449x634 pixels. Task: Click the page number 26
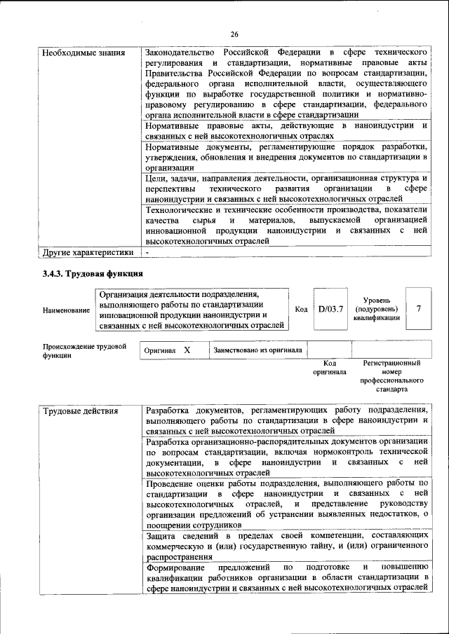click(234, 34)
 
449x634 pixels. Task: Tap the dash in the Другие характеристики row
click(147, 252)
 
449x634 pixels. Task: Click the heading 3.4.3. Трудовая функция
click(93, 274)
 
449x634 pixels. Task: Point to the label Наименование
click(66, 310)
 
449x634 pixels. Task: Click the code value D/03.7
click(330, 308)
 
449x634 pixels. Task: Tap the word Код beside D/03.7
click(301, 309)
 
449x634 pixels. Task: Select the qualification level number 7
click(419, 308)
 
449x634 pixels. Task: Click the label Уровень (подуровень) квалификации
click(377, 308)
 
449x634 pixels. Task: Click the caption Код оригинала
click(330, 368)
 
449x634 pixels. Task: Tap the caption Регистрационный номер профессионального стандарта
click(391, 378)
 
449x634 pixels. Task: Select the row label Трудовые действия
click(80, 410)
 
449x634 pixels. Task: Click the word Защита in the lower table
click(161, 536)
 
